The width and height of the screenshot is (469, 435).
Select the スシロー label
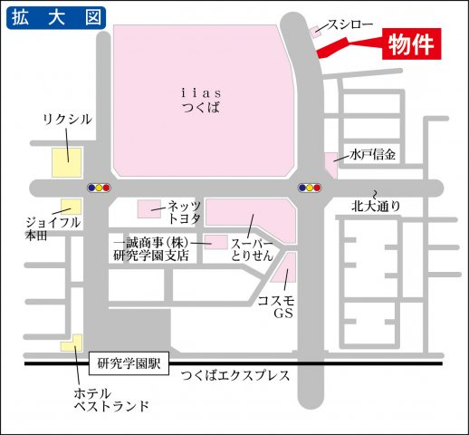(x=347, y=25)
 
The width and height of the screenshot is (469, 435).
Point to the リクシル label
(x=67, y=120)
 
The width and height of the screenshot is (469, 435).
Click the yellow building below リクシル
(x=65, y=162)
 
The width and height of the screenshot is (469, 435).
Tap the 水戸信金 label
(x=374, y=154)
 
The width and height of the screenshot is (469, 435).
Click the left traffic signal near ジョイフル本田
(x=99, y=188)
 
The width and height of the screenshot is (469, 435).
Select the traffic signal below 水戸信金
(x=310, y=188)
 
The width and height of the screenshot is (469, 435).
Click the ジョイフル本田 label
(x=53, y=228)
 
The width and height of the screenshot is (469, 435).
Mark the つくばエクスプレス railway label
(x=234, y=375)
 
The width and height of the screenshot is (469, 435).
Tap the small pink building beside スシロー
(x=315, y=32)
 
